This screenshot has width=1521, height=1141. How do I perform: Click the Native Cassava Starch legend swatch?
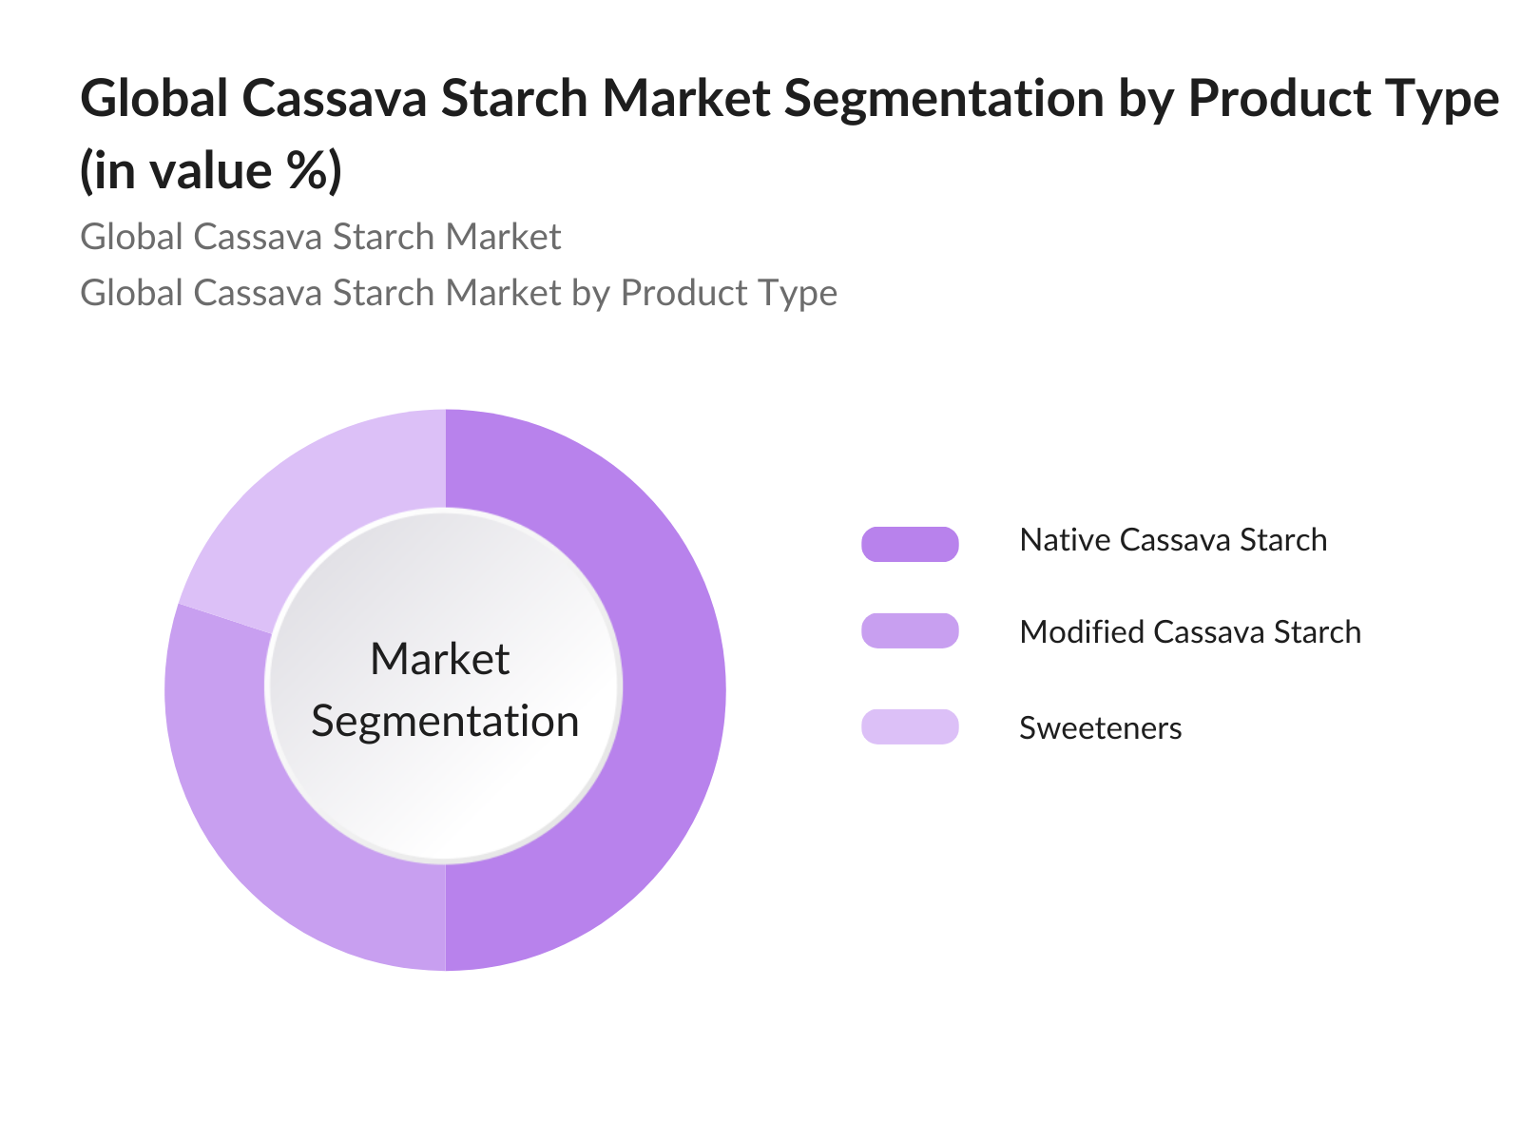pyautogui.click(x=910, y=544)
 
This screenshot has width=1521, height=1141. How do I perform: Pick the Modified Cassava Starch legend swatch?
pyautogui.click(x=910, y=631)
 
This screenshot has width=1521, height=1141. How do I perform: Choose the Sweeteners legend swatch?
pyautogui.click(x=910, y=727)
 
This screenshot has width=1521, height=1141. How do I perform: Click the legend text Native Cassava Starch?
pyautogui.click(x=1173, y=540)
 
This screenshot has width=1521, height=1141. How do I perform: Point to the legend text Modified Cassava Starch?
pyautogui.click(x=1190, y=632)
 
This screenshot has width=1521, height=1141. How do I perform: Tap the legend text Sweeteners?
pyautogui.click(x=1101, y=728)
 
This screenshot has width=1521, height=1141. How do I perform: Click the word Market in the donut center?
pyautogui.click(x=440, y=659)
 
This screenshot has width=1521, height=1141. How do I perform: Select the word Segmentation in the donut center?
pyautogui.click(x=445, y=721)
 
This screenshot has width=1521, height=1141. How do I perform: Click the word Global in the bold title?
pyautogui.click(x=154, y=98)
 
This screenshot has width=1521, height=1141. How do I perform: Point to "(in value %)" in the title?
pyautogui.click(x=211, y=171)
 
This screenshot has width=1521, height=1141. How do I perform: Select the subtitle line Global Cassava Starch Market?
pyautogui.click(x=320, y=237)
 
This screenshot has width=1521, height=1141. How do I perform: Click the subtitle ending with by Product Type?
pyautogui.click(x=458, y=293)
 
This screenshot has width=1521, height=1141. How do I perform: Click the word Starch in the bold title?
pyautogui.click(x=518, y=98)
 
